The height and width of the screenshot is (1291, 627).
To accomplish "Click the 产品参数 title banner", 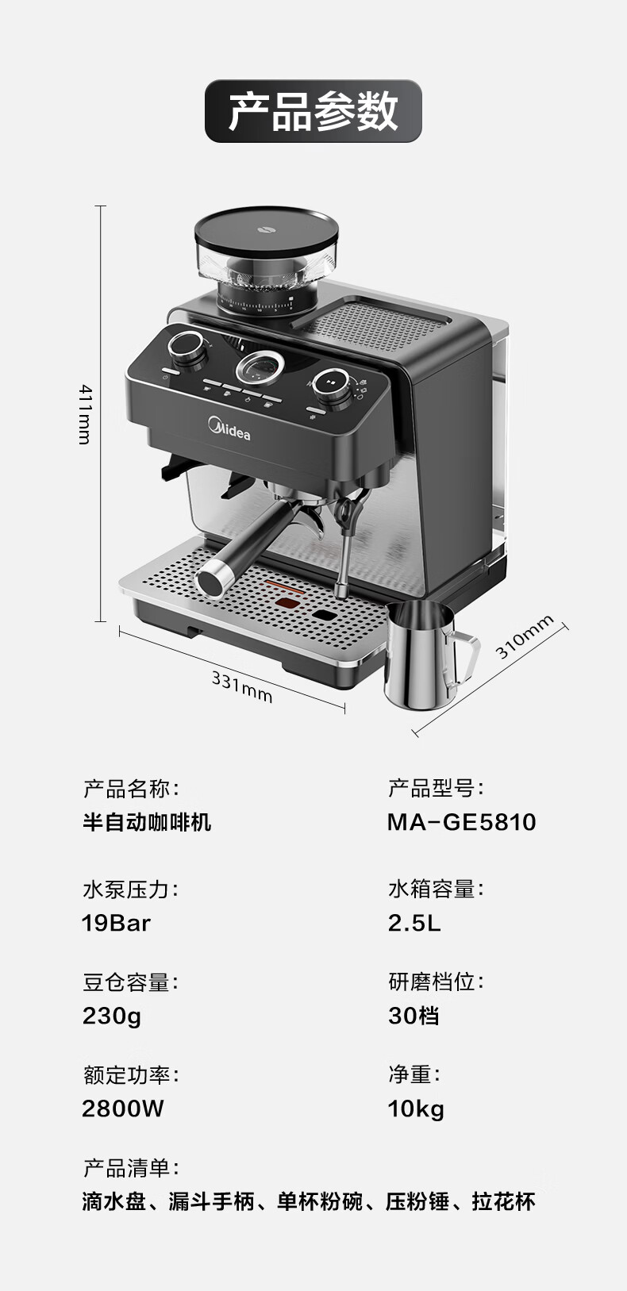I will [313, 111].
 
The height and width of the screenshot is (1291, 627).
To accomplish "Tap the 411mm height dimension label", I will [85, 414].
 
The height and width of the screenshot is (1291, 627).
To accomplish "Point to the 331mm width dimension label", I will [241, 686].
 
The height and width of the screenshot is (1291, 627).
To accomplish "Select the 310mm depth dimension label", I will [524, 638].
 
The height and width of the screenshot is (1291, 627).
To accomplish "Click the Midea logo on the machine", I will [229, 430].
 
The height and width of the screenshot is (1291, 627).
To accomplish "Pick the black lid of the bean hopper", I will [267, 229].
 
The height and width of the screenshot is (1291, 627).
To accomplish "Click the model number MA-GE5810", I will [461, 822].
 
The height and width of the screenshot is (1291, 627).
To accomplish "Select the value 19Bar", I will [116, 923].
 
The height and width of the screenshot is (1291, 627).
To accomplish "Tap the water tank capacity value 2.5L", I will [414, 923].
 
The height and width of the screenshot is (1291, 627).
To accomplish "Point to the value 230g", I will [112, 1016].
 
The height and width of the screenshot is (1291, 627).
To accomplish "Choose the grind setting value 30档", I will [414, 1016].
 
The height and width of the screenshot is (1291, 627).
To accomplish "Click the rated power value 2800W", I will [123, 1108].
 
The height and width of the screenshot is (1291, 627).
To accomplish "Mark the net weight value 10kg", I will [416, 1108].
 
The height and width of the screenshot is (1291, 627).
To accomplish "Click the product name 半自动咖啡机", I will [147, 822].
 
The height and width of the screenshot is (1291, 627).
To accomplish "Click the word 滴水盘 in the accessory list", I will [114, 1201].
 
